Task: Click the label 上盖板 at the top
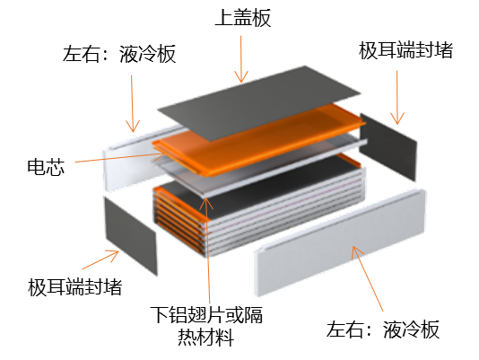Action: (243, 17)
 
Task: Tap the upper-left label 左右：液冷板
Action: (119, 54)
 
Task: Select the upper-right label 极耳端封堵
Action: (405, 50)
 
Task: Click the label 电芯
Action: (46, 167)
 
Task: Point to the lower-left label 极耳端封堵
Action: (74, 286)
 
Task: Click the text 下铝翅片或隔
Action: (206, 314)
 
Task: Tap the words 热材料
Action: (206, 337)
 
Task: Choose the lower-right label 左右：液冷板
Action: (383, 329)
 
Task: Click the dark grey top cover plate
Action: (259, 102)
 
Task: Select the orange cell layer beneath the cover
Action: (259, 139)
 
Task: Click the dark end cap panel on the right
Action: (388, 146)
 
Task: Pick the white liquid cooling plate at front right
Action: (340, 242)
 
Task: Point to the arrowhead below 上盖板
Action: (241, 77)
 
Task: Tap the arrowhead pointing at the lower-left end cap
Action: (113, 255)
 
